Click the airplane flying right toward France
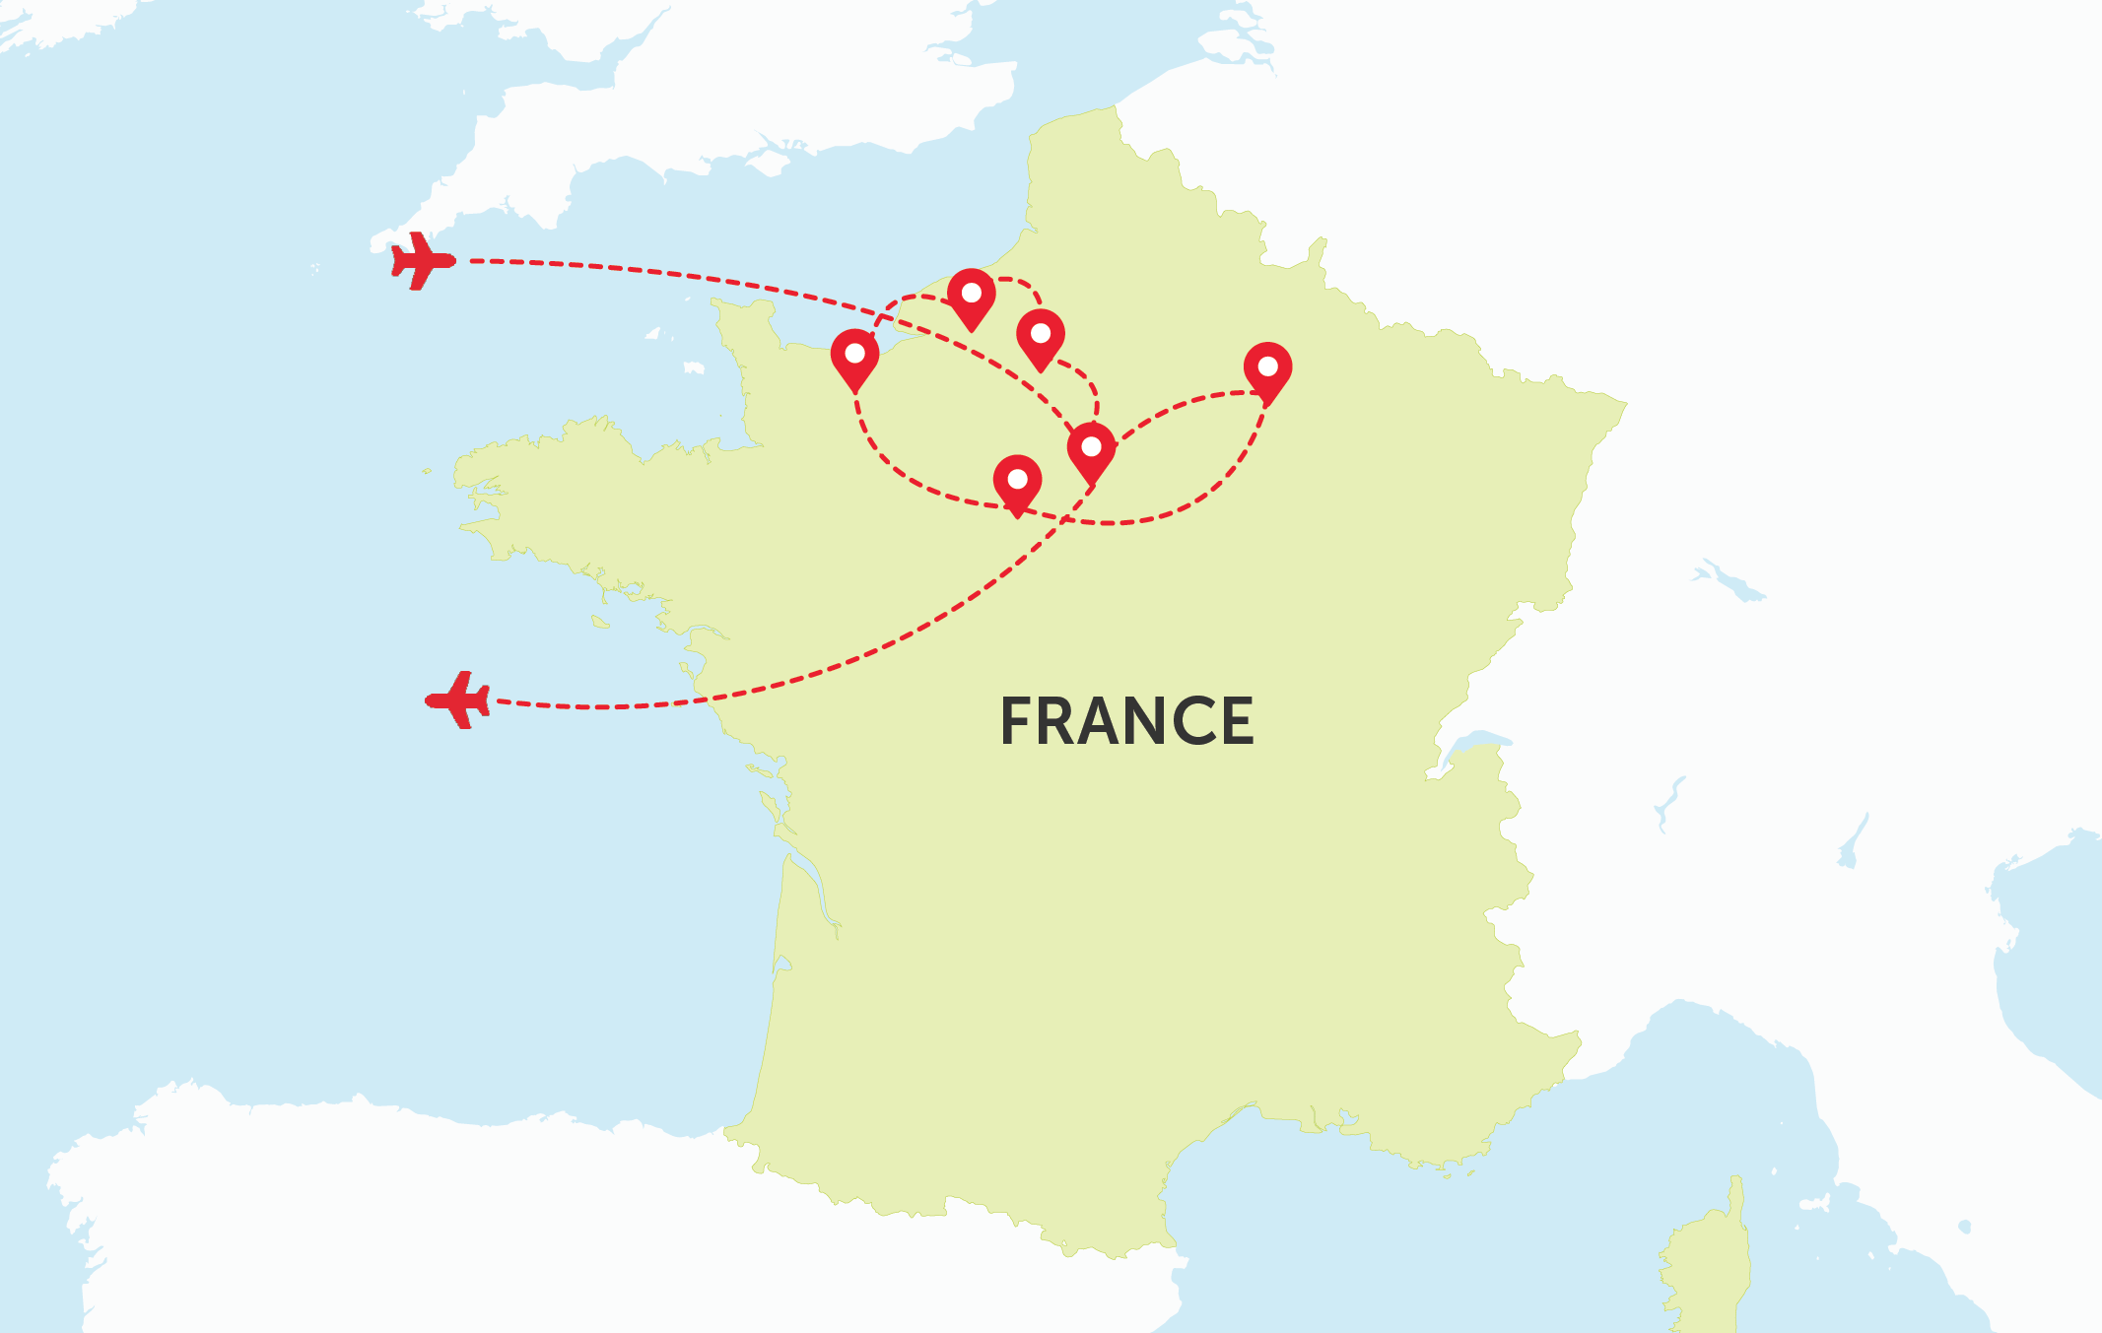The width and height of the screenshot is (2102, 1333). pyautogui.click(x=423, y=261)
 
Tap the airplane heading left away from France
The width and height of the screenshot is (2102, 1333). pyautogui.click(x=458, y=700)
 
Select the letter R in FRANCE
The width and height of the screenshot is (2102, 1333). pyautogui.click(x=1060, y=721)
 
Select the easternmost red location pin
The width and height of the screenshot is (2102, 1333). pyautogui.click(x=1267, y=368)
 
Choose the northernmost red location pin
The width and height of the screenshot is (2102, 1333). pyautogui.click(x=971, y=295)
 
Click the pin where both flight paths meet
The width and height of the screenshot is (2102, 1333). pyautogui.click(x=1091, y=448)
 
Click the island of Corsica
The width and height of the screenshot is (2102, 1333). pyautogui.click(x=1710, y=1261)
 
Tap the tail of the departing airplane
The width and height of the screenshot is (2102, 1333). pyautogui.click(x=482, y=700)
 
